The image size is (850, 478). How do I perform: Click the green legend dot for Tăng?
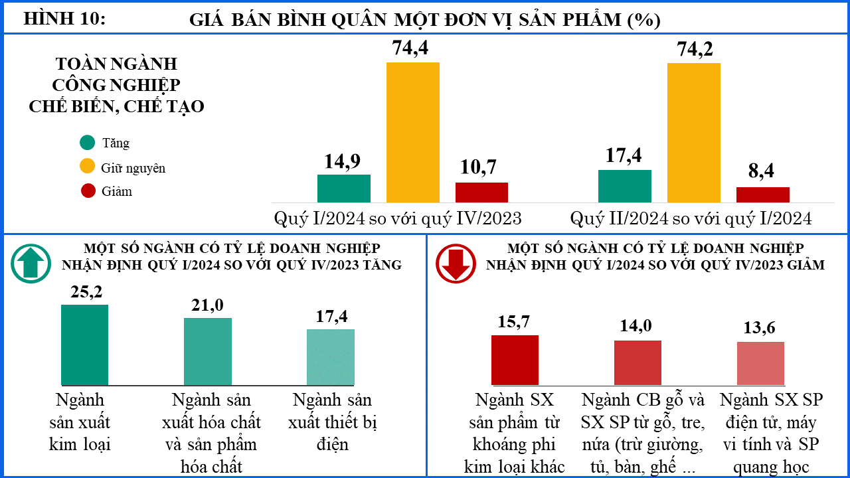[87, 143]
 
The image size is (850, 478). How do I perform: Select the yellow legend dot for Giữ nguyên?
[87, 166]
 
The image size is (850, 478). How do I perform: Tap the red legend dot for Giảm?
[88, 191]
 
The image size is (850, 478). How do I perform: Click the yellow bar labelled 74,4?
[413, 132]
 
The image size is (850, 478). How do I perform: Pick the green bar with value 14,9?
[344, 189]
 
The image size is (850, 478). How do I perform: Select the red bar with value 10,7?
[482, 193]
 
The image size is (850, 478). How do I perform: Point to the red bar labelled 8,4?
[763, 195]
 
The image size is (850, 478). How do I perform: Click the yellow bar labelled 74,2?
[694, 133]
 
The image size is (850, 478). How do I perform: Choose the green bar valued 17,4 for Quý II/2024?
[625, 187]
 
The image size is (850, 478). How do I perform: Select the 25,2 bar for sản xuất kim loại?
[84, 345]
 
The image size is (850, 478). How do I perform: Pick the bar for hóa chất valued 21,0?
[208, 352]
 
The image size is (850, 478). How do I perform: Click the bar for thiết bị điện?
[331, 357]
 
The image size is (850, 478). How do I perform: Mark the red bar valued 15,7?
[515, 360]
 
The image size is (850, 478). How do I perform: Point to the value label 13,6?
[759, 328]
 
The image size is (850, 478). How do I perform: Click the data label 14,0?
[636, 326]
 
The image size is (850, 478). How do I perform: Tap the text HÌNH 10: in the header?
[64, 18]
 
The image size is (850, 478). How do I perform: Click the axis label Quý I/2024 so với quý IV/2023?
[398, 218]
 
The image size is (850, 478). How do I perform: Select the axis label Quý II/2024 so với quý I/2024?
[691, 218]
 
